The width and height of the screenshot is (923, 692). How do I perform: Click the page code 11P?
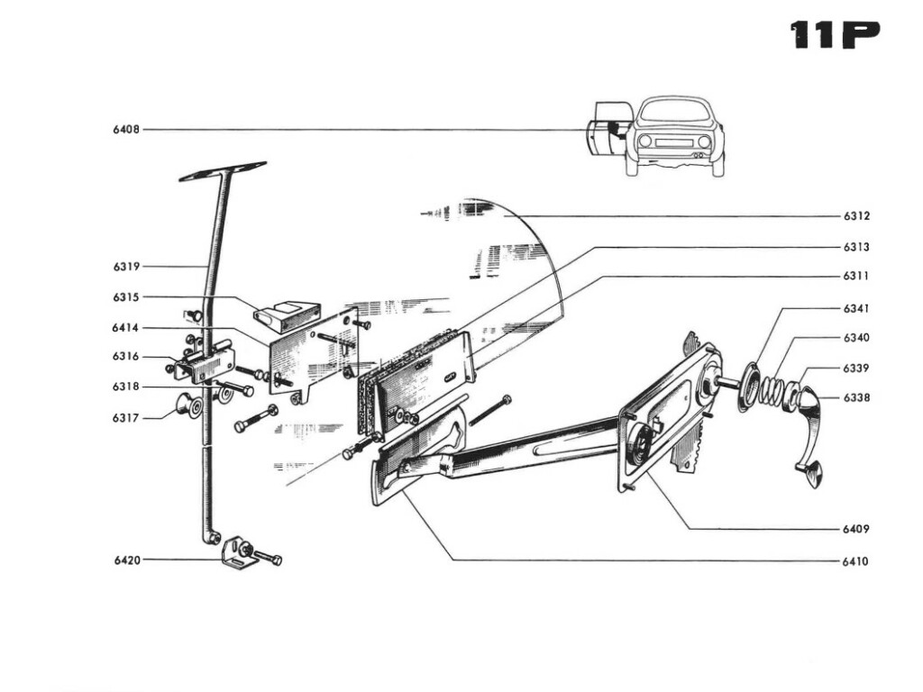point(835,34)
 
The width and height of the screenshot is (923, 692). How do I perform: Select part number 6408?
point(126,130)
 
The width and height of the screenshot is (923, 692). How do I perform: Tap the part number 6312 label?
point(856,216)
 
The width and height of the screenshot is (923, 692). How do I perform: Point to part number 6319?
point(126,267)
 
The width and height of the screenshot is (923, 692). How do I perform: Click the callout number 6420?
point(127,560)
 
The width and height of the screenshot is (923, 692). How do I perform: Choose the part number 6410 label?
point(855,561)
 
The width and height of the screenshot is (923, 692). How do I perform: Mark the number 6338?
point(856,397)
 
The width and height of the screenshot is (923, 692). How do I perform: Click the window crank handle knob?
point(812,474)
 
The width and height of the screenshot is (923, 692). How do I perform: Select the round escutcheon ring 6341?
point(748,387)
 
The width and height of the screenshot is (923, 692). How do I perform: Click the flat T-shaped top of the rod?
point(223,170)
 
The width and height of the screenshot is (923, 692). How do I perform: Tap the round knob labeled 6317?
point(190,405)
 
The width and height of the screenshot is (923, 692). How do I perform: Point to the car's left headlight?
point(644,141)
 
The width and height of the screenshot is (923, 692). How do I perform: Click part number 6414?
point(126,327)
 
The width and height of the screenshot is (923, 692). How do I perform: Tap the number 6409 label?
point(855,529)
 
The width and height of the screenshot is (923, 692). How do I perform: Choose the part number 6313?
point(856,247)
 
